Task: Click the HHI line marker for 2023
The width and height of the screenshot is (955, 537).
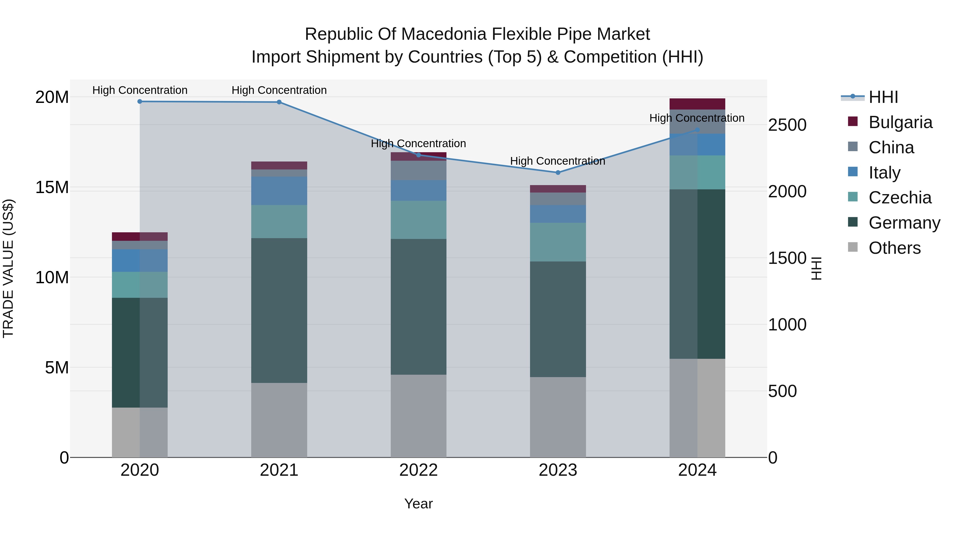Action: tap(558, 172)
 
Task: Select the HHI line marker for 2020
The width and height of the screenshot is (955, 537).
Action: tap(140, 102)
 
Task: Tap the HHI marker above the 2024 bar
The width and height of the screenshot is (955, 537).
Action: tap(697, 130)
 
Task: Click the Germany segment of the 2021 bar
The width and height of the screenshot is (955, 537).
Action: tap(279, 310)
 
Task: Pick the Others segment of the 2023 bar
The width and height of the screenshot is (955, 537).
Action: tap(558, 417)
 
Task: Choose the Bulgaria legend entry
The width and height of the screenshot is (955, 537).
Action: tap(900, 122)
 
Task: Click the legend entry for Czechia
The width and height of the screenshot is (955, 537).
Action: tap(900, 198)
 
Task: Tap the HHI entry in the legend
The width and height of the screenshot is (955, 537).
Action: tap(883, 97)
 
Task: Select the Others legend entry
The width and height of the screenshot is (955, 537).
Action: tap(894, 248)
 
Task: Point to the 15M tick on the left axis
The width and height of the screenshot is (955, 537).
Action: tap(52, 187)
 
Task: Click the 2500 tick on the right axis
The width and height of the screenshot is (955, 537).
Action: tap(787, 125)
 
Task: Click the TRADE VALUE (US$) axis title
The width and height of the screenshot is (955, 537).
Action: tap(8, 268)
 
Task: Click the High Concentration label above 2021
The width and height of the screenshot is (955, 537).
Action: tap(279, 90)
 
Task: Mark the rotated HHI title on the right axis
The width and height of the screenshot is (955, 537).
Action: tap(816, 268)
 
